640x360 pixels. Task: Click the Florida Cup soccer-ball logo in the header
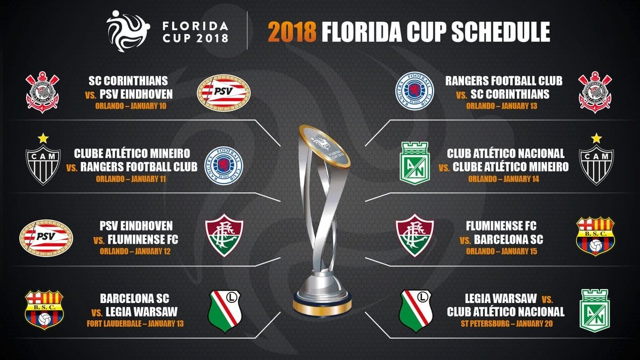128,31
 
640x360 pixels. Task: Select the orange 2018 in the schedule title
292,31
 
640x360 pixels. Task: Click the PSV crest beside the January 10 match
223,93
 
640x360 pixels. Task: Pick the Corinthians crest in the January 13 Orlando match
595,92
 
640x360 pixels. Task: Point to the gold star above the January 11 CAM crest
43,138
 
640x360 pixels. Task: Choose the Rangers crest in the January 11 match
223,166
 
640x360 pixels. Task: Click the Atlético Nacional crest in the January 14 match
414,163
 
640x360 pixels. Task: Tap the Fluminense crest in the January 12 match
224,235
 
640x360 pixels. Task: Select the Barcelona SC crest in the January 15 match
595,236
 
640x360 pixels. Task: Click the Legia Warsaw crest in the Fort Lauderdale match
225,311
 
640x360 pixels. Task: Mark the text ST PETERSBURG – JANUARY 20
507,324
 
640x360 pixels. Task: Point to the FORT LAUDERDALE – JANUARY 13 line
135,324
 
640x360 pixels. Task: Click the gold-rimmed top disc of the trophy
324,146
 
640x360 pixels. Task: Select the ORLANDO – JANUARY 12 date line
135,251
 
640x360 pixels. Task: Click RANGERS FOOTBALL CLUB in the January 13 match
503,81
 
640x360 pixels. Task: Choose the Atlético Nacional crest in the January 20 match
595,310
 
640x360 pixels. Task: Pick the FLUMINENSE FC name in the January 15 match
501,226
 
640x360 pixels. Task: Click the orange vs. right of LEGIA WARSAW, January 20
547,299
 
